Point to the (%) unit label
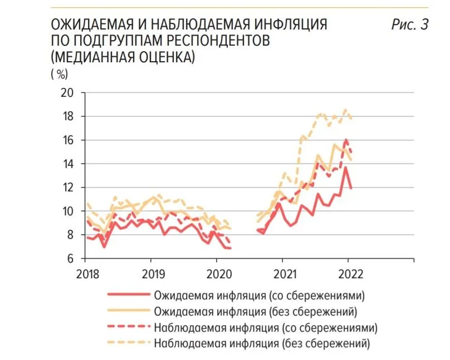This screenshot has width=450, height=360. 58,73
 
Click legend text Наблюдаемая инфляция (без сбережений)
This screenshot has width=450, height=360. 262,343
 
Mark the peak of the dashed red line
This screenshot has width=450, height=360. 346,140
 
